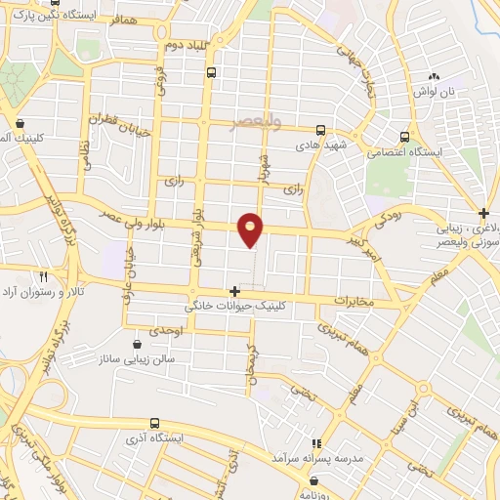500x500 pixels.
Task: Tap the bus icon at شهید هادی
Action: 320,130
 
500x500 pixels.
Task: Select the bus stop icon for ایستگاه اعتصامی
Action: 404,137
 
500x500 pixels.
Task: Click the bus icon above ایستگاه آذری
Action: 154,423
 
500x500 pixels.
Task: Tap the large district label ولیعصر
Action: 256,122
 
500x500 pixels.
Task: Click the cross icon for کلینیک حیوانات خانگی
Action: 233,291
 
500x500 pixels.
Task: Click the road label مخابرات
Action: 354,301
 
